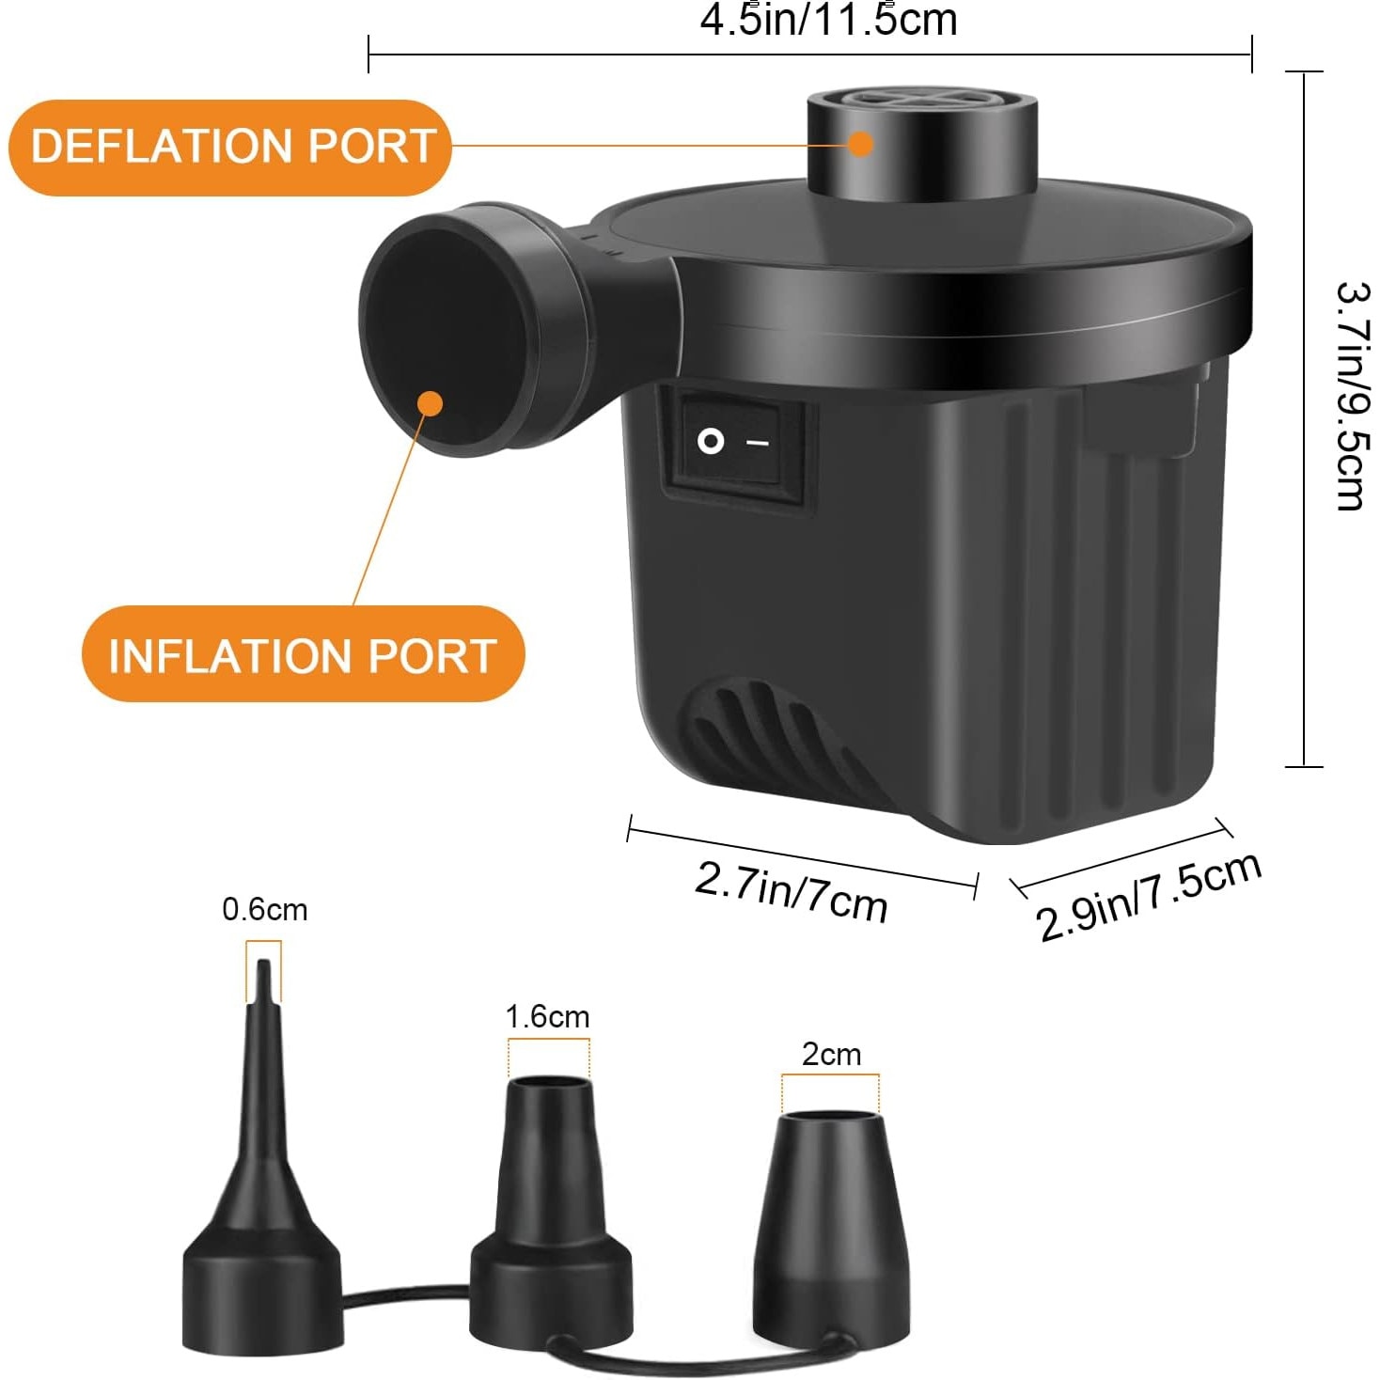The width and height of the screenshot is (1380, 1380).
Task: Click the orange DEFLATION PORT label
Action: click(x=230, y=147)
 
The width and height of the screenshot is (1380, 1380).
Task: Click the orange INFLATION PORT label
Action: click(x=302, y=655)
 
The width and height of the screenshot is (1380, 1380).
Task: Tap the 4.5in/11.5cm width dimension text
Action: click(x=828, y=21)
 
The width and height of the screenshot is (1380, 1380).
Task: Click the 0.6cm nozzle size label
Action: click(x=264, y=910)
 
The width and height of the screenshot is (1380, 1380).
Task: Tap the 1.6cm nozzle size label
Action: click(x=547, y=1017)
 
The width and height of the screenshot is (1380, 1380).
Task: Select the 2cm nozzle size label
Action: click(x=831, y=1055)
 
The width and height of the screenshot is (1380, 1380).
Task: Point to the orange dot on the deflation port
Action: click(x=860, y=144)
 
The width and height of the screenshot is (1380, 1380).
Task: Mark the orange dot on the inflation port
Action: click(x=430, y=403)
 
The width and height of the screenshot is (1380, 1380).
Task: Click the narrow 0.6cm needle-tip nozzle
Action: click(x=261, y=1175)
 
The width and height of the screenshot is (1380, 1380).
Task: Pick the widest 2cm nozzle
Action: click(x=832, y=1222)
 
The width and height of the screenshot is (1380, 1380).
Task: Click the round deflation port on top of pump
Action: click(x=921, y=141)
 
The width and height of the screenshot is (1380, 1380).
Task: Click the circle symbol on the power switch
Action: click(x=711, y=441)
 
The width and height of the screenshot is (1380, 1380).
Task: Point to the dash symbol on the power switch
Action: click(x=758, y=442)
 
